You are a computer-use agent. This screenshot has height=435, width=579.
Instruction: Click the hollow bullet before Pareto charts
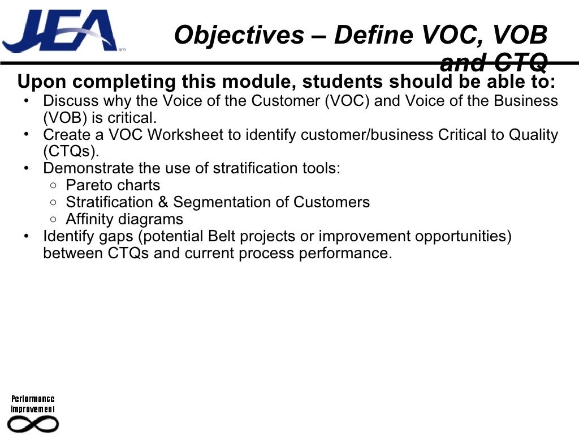(x=53, y=186)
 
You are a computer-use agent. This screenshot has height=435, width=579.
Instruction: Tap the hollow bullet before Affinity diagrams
(x=53, y=219)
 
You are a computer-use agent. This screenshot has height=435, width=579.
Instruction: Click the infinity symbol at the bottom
(x=33, y=423)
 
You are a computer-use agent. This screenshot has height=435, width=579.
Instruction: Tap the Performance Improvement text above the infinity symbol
(x=33, y=404)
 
